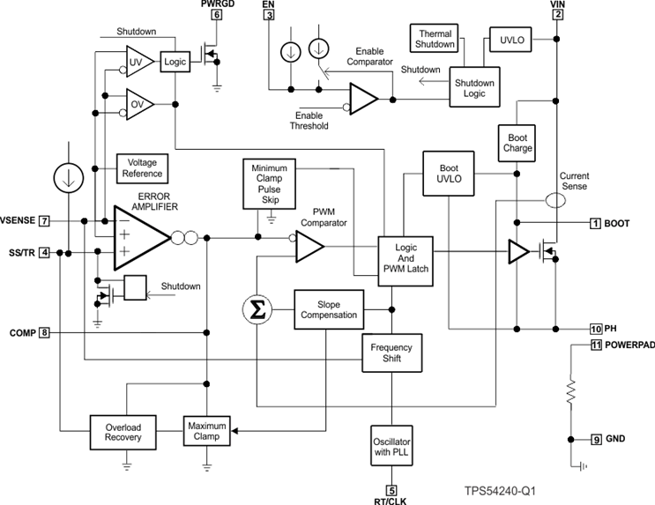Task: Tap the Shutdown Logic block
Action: pos(474,89)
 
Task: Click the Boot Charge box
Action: pos(517,142)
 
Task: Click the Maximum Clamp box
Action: pos(206,432)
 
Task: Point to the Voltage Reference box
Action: pos(142,168)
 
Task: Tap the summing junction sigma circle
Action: pos(256,308)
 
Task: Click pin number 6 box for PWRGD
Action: pos(216,15)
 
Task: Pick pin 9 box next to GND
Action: pos(596,439)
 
